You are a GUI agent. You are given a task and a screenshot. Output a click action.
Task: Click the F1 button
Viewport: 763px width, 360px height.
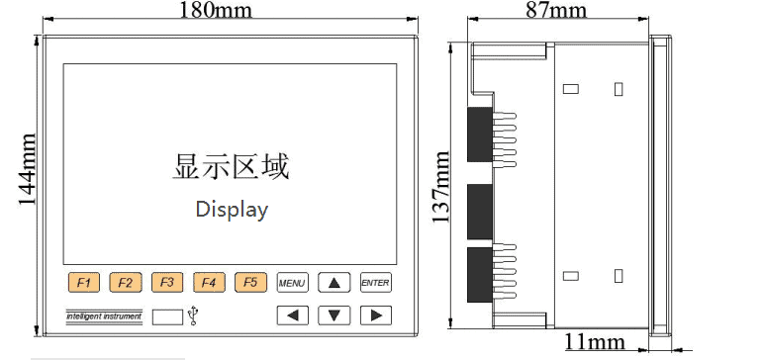84,283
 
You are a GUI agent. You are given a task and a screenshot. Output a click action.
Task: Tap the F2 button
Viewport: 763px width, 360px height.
126,283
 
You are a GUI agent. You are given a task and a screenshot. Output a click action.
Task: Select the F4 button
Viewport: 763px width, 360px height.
209,283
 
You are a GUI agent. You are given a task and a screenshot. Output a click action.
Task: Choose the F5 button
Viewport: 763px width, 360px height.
250,283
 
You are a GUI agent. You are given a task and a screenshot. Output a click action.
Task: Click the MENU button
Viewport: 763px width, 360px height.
292,283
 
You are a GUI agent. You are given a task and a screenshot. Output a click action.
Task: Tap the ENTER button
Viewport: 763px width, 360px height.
375,283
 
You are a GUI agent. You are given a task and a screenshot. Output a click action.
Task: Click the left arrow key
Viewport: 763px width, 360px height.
292,315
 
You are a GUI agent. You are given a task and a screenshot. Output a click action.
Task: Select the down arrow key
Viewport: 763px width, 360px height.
334,315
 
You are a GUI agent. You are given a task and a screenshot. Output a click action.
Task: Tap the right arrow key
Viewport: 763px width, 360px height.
375,315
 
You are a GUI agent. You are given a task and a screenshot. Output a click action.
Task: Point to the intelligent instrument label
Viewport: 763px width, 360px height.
104,315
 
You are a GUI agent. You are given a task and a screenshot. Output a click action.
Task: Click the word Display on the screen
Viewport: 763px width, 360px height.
232,210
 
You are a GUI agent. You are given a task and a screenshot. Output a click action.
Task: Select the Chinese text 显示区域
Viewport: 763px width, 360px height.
232,166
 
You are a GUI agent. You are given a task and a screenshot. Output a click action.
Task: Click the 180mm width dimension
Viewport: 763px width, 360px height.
215,11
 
